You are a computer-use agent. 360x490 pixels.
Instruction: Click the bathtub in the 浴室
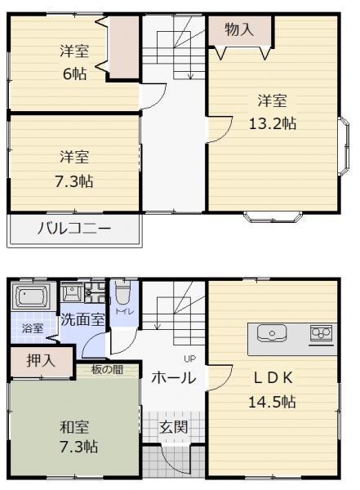[x=31, y=296]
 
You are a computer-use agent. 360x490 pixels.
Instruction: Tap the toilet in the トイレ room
[x=122, y=293]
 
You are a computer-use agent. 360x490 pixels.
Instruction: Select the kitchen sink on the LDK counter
[x=272, y=333]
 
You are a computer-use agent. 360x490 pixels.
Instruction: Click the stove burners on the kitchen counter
[x=321, y=333]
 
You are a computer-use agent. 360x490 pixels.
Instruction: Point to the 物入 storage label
[x=239, y=29]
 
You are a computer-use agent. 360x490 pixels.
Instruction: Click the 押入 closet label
[x=41, y=361]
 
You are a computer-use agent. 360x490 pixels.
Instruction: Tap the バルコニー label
[x=74, y=229]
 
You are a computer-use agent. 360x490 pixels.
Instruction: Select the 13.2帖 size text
[x=273, y=123]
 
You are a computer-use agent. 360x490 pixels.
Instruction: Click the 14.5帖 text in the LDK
[x=272, y=401]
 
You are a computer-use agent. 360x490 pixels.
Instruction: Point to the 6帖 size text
[x=74, y=74]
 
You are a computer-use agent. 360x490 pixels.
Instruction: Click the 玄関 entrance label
[x=174, y=427]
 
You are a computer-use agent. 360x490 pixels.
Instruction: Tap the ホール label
[x=174, y=377]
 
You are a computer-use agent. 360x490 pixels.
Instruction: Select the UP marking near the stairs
[x=189, y=359]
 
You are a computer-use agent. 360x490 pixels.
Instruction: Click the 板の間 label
[x=107, y=370]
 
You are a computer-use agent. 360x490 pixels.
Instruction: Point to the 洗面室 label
[x=82, y=319]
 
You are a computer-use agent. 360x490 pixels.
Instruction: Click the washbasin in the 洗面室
[x=72, y=293]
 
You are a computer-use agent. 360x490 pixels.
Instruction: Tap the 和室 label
[x=74, y=427]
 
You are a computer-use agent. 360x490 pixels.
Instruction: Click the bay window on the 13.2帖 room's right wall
[x=344, y=147]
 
